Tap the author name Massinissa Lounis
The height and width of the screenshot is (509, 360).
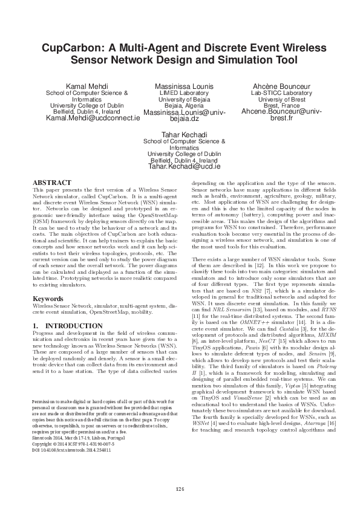pyautogui.click(x=184, y=87)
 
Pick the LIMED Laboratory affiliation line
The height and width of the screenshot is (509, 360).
pyautogui.click(x=184, y=94)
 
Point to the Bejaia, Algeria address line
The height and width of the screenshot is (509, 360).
pyautogui.click(x=184, y=106)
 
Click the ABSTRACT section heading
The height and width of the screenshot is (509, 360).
pyautogui.click(x=51, y=182)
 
